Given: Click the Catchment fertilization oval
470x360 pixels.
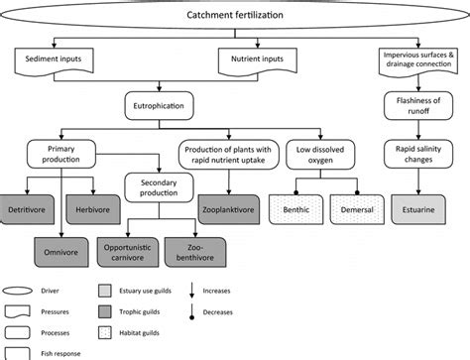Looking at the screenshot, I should click(x=234, y=17).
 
